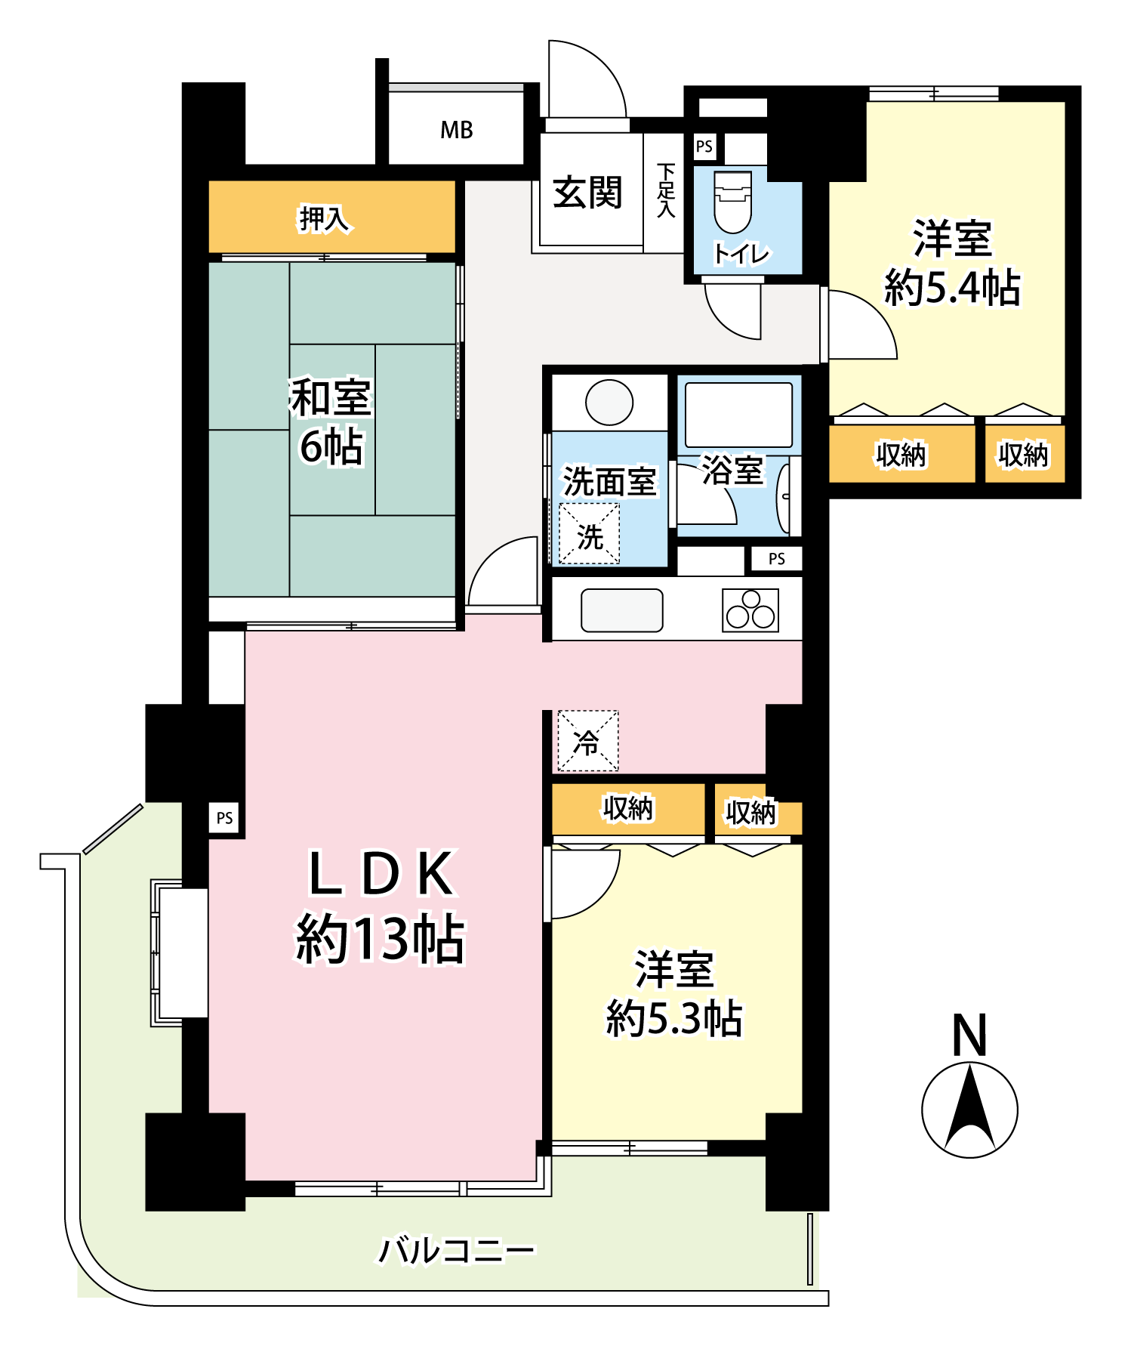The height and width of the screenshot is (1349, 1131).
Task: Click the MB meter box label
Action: [x=457, y=130]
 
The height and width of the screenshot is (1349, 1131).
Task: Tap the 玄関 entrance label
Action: [x=587, y=193]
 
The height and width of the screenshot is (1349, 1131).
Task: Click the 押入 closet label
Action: [x=324, y=219]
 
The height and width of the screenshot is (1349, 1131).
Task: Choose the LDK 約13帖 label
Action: [x=380, y=906]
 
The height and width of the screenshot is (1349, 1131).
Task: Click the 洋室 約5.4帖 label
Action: [x=952, y=263]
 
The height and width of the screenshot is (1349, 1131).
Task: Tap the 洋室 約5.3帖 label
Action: [x=674, y=993]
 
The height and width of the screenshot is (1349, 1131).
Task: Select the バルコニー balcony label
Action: [x=456, y=1251]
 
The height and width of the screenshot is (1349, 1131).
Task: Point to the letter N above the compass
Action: [x=970, y=1035]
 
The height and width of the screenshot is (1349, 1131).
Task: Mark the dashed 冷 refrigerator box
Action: [x=587, y=741]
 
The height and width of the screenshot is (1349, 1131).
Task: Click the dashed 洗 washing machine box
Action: [x=589, y=535]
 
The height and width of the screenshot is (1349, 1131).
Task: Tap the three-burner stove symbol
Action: [x=750, y=610]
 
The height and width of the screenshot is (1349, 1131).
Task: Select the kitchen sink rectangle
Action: [x=622, y=610]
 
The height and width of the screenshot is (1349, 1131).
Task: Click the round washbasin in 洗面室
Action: [x=609, y=402]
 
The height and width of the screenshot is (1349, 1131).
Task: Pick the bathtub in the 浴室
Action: [x=738, y=415]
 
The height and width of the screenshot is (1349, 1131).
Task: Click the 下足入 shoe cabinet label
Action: [x=665, y=191]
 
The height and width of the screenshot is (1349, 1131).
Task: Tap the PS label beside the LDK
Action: [x=225, y=818]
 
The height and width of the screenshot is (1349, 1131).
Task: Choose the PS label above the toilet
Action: [x=704, y=147]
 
